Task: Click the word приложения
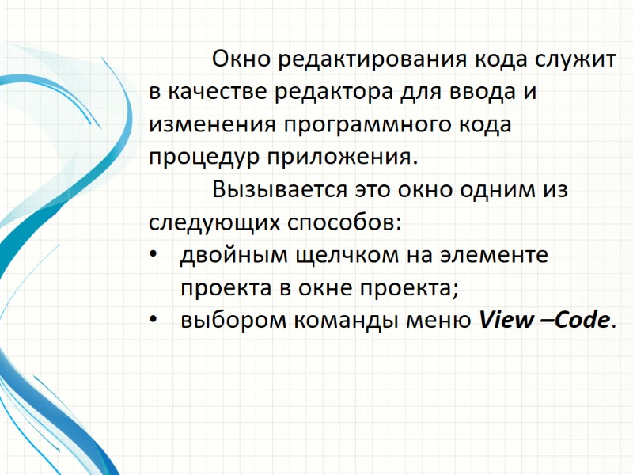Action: (x=333, y=158)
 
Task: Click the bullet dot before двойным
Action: (x=154, y=255)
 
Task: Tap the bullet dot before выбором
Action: (x=154, y=320)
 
